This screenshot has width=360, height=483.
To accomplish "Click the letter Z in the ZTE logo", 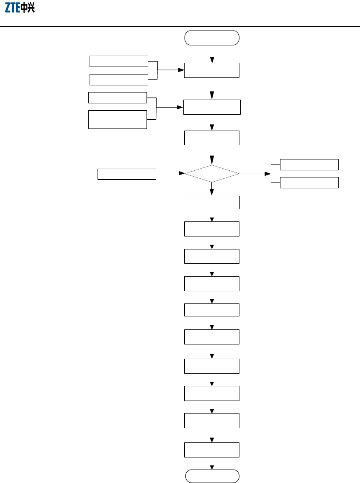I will coord(8,8).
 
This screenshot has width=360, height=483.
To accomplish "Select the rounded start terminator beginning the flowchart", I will coord(212,38).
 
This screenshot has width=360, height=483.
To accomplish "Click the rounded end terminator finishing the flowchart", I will coord(212,476).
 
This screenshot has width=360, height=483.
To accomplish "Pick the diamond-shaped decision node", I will coord(212,173).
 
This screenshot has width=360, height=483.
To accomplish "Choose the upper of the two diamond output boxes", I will coord(309,164).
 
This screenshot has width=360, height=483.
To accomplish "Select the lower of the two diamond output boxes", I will coord(309,182).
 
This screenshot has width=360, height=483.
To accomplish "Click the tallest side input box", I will coord(118,119).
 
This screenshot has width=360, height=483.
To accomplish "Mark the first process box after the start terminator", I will coord(212,70).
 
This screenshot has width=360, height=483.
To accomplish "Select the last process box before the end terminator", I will coord(212,450).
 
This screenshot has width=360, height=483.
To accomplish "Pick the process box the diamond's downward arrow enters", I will coord(212,203).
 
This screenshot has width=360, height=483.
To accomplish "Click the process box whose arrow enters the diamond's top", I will coord(212,138).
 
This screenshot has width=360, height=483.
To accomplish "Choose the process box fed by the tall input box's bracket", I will coord(212,107).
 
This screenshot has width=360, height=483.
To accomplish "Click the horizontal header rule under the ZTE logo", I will coord(180,26).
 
